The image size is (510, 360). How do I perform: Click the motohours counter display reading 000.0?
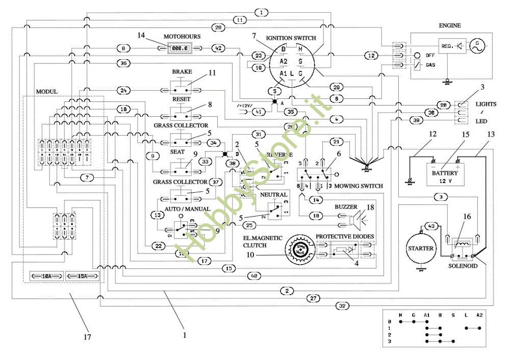(x=180, y=48)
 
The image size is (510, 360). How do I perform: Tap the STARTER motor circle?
(x=421, y=248)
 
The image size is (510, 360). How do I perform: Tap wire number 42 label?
(x=218, y=48)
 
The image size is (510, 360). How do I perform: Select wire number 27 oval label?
(x=313, y=298)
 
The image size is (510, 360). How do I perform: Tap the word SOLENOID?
(x=464, y=266)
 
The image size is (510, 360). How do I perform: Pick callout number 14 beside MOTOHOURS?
(x=141, y=35)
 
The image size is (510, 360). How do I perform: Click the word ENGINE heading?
(x=450, y=25)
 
